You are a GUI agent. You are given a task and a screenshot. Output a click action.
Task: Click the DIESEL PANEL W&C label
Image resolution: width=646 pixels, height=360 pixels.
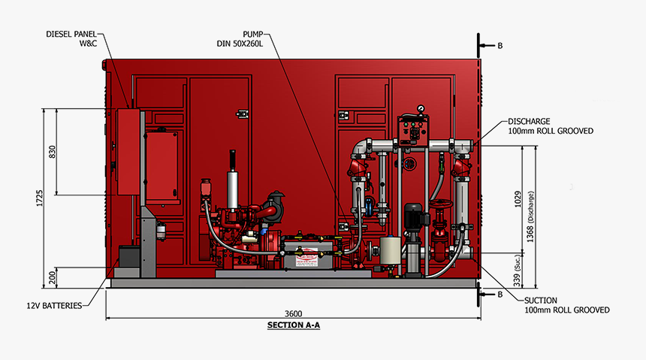coord(74,38)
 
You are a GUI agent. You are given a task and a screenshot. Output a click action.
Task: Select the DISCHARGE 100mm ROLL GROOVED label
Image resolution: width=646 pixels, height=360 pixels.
coord(551,126)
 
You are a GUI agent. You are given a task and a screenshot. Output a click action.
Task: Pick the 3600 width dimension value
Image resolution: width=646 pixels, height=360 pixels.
coord(293,313)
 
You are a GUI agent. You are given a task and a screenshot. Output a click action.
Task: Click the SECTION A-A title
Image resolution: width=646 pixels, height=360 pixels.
coord(293,325)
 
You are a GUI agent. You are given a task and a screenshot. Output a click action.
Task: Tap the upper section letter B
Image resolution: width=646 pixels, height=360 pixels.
coord(500,45)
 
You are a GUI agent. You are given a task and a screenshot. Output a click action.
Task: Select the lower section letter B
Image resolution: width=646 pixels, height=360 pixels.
coord(500,295)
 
